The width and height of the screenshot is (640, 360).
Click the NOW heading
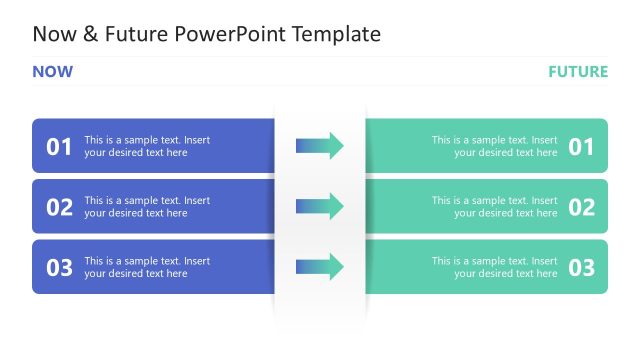52,72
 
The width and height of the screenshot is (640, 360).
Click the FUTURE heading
577,72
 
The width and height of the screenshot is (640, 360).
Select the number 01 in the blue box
60,147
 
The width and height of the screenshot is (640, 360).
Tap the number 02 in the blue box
60,207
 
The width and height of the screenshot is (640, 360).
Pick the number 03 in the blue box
60,267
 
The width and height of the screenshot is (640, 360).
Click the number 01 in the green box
581,147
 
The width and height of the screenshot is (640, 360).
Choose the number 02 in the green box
581,207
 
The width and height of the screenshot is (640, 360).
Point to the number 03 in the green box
581,267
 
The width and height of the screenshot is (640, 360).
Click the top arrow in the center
320,146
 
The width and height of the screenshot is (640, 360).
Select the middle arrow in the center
320,206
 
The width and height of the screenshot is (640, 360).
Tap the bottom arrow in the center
320,266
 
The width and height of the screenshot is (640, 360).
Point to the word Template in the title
335,34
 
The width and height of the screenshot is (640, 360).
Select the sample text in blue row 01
147,147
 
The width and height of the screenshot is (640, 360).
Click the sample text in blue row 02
147,207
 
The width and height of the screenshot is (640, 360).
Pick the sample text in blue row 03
147,267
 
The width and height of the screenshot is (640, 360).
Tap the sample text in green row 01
495,147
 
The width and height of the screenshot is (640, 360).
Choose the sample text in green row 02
495,207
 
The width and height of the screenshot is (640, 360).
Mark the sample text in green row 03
495,267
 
